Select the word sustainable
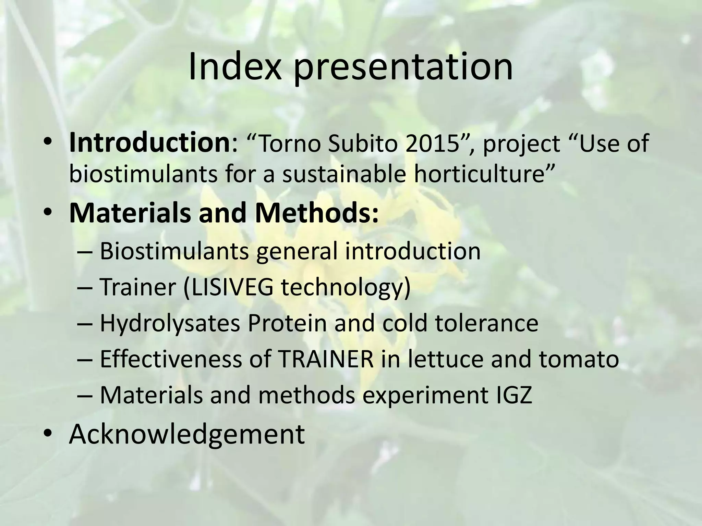tap(344, 174)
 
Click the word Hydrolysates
tap(170, 323)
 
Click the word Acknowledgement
tap(187, 434)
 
